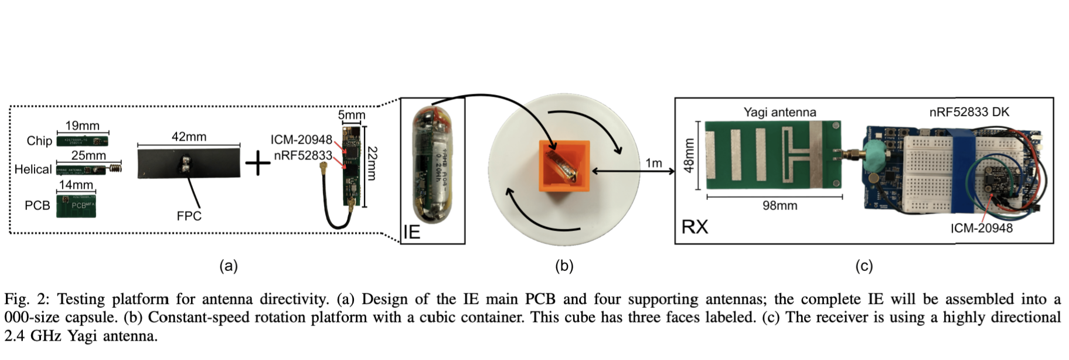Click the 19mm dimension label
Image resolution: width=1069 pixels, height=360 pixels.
coord(82,125)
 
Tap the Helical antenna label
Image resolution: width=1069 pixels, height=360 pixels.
coord(33,169)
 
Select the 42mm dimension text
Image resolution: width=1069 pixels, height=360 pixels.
coord(189,137)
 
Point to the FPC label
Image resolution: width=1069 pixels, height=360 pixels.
coord(189,216)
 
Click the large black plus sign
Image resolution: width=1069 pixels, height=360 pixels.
coord(257,164)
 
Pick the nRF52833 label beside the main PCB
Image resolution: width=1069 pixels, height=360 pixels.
coord(303,155)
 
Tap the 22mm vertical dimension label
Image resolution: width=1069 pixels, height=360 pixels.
coord(372,164)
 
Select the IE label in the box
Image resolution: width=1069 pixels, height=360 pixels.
coord(412,232)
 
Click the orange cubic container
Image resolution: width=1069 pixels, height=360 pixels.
coord(563,167)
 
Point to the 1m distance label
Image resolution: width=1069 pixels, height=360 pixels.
coord(653,163)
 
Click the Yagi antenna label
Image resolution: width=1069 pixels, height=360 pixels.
coord(779,112)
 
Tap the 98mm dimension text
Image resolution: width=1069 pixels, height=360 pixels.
coord(779,206)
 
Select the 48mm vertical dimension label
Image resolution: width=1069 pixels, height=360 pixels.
coord(689,155)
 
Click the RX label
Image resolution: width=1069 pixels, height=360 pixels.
coord(694,226)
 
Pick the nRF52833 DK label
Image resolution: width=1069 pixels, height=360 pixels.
coord(969,112)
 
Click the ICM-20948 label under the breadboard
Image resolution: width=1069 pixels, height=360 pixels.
coord(981,228)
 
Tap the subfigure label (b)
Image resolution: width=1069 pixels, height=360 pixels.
coord(564,266)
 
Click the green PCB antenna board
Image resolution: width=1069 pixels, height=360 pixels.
coord(76,206)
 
